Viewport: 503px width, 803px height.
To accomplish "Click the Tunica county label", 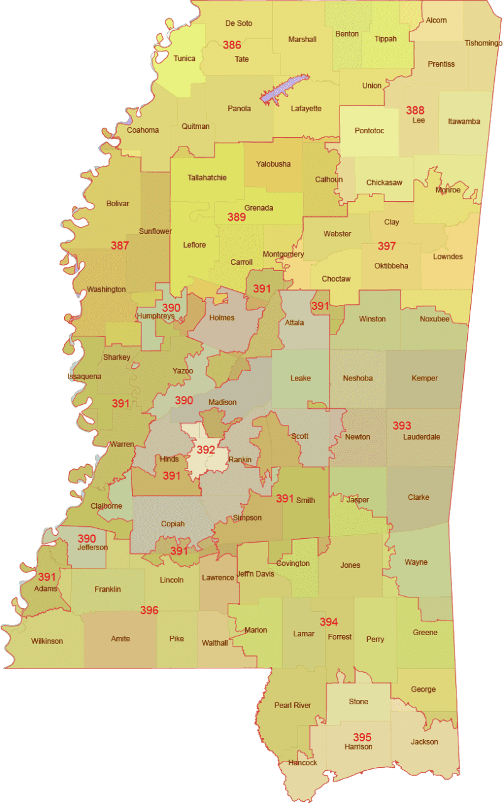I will [x=184, y=58].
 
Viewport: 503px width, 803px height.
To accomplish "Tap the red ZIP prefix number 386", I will [x=232, y=45].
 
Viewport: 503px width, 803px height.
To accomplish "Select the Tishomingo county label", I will [x=483, y=43].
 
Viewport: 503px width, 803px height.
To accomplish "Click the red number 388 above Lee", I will [x=415, y=110].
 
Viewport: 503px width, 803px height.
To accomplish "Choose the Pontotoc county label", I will [x=369, y=131].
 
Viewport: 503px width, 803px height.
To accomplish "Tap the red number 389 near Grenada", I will [x=236, y=217].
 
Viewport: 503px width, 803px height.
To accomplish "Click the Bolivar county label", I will [x=118, y=203].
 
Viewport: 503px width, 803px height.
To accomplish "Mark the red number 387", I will [x=120, y=245].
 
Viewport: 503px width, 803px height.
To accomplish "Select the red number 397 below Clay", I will [x=387, y=245].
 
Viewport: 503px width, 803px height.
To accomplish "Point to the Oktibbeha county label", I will [x=391, y=265].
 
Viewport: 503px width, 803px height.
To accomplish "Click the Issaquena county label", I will [x=84, y=377].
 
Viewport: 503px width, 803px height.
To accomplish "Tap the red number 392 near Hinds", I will [x=206, y=450].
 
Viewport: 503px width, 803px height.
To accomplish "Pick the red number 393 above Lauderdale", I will [x=402, y=426].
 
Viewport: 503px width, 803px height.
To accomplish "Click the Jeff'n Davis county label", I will [x=256, y=573].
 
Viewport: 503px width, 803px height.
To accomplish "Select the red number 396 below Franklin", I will [x=149, y=610].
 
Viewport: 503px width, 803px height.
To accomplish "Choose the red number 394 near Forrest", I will [x=329, y=622].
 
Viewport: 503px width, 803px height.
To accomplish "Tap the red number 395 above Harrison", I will [x=362, y=737].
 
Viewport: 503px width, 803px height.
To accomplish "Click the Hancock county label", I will [x=302, y=763].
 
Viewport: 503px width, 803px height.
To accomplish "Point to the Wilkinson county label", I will [x=47, y=641].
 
